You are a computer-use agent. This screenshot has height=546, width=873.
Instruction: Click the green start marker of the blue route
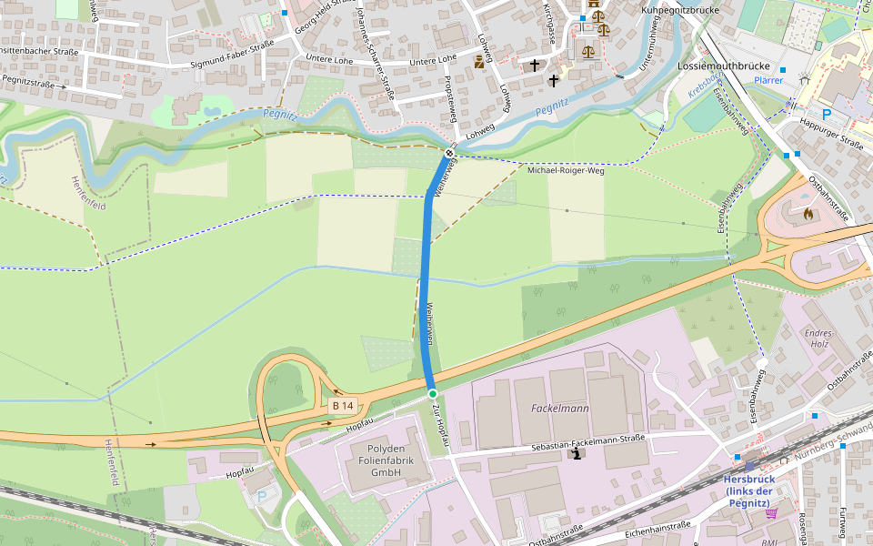pos(433,393)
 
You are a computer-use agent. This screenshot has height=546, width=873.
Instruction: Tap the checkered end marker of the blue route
pos(448,154)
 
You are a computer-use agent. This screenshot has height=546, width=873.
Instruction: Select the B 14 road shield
pos(342,405)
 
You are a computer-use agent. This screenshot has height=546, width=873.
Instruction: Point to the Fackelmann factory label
pos(559,409)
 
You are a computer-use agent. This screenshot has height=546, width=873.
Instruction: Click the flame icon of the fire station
pos(808,215)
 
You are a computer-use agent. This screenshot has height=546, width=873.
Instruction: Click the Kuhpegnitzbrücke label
pos(679,10)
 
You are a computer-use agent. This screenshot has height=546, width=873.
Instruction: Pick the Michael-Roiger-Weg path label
pos(566,170)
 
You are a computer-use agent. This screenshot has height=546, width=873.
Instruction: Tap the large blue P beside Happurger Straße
pos(827,115)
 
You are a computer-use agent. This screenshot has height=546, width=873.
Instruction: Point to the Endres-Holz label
pos(818,339)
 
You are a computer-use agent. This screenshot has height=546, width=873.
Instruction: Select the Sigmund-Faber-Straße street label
pos(232,65)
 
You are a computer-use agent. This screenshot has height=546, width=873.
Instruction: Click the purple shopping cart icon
pos(771,514)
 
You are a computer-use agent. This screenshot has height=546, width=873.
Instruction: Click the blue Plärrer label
pos(768,80)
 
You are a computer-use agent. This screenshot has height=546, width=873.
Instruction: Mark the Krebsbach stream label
pos(703,87)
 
